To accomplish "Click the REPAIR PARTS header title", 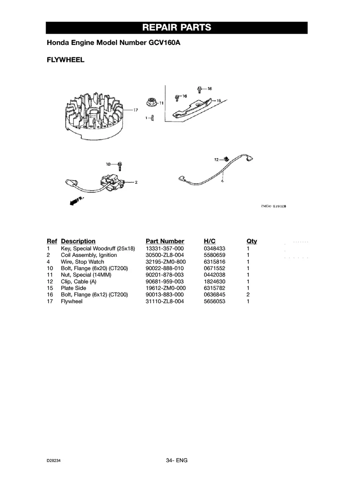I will click(x=176, y=28).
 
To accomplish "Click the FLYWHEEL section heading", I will click(x=66, y=60).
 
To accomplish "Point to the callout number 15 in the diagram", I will click(x=218, y=101).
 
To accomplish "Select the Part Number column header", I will click(x=165, y=241).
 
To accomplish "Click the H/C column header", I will click(x=209, y=241).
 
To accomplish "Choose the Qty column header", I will click(x=252, y=241).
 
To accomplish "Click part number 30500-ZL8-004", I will click(x=165, y=255).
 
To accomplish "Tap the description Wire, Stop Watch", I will click(x=82, y=262).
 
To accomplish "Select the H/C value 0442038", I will click(x=215, y=275).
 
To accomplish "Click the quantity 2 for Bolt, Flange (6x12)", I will click(x=248, y=295).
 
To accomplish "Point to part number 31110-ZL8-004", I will click(x=165, y=302).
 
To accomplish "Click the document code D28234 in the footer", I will click(x=54, y=461).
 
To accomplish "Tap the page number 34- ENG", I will click(x=177, y=461).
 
